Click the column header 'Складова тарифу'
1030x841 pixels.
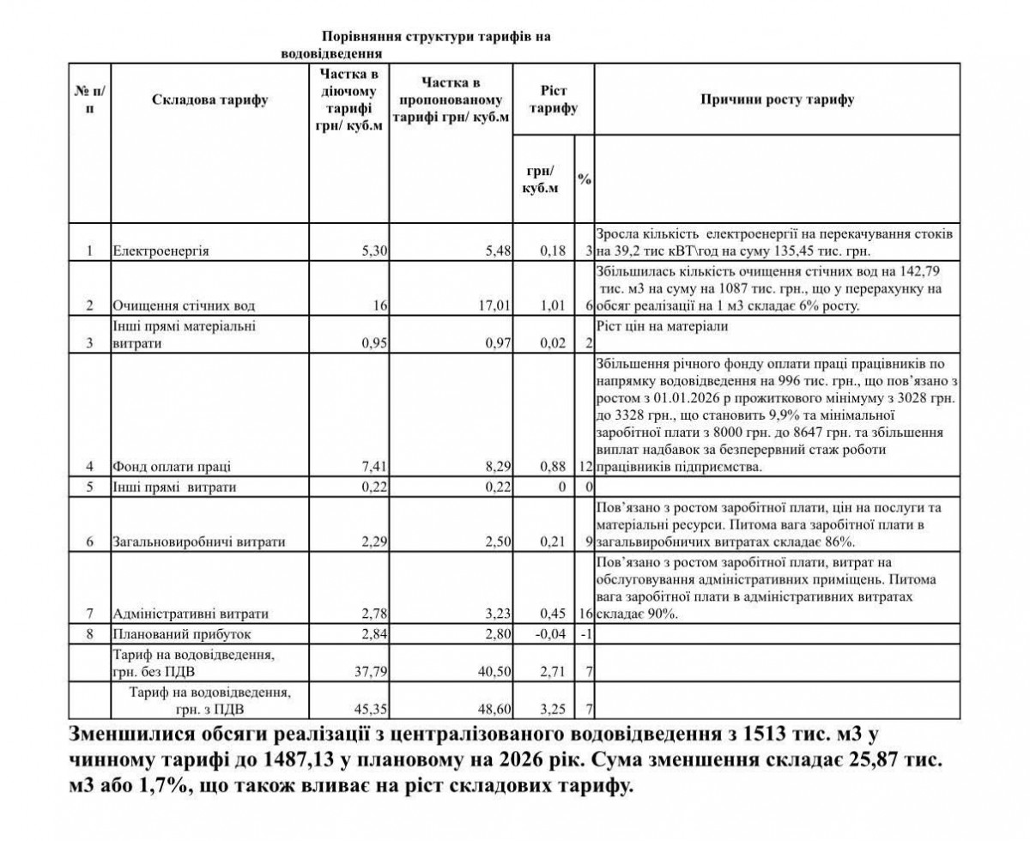click(x=209, y=101)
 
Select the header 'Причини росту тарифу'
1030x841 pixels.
click(x=778, y=100)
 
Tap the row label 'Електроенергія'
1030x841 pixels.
click(x=161, y=252)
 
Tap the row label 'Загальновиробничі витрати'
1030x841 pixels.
click(x=198, y=542)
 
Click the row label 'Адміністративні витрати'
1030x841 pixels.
click(x=191, y=614)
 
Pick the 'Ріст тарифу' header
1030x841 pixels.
click(x=553, y=100)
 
